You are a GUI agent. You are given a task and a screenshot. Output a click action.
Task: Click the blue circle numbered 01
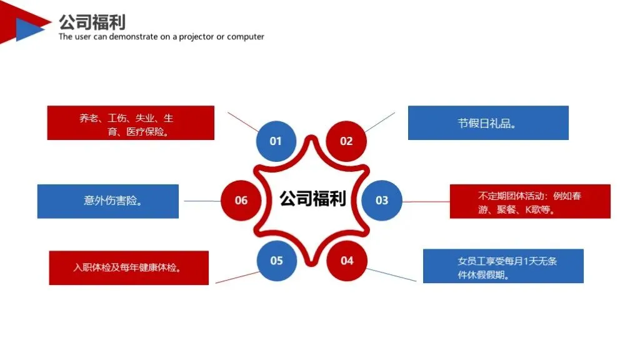(276, 141)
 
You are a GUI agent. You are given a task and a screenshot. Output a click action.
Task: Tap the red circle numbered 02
(346, 141)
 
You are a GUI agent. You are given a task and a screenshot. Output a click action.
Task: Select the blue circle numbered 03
(382, 201)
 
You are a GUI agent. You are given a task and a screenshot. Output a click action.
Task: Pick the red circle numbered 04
(347, 261)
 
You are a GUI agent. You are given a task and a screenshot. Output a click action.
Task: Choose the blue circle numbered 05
(277, 261)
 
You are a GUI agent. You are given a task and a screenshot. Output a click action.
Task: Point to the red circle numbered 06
(241, 201)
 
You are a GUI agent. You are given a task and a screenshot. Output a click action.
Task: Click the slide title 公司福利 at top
(92, 22)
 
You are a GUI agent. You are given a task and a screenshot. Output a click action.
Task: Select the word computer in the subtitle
(246, 37)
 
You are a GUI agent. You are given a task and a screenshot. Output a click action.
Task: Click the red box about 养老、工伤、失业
(131, 123)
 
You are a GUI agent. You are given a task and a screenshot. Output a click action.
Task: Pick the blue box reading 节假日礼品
(488, 123)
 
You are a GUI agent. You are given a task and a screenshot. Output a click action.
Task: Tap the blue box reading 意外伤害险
(108, 201)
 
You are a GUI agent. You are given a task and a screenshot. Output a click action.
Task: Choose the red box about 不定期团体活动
(530, 201)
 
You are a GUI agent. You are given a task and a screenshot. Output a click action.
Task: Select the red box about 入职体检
(129, 267)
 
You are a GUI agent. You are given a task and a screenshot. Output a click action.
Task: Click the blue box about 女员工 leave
(503, 266)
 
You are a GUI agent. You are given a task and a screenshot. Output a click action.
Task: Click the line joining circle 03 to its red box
(426, 202)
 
